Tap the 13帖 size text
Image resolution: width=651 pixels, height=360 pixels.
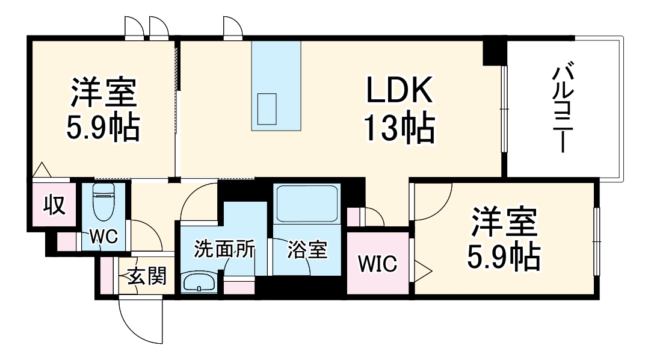[398, 128]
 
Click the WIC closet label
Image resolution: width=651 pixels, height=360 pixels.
[378, 264]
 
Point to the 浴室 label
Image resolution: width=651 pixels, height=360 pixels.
[307, 250]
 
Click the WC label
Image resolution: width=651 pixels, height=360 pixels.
[103, 237]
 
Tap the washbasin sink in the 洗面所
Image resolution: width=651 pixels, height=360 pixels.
[198, 282]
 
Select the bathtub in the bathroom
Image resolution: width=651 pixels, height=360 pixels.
[305, 204]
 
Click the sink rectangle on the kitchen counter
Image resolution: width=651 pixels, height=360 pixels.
[267, 108]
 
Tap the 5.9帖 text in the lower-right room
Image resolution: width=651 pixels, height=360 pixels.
[504, 258]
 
